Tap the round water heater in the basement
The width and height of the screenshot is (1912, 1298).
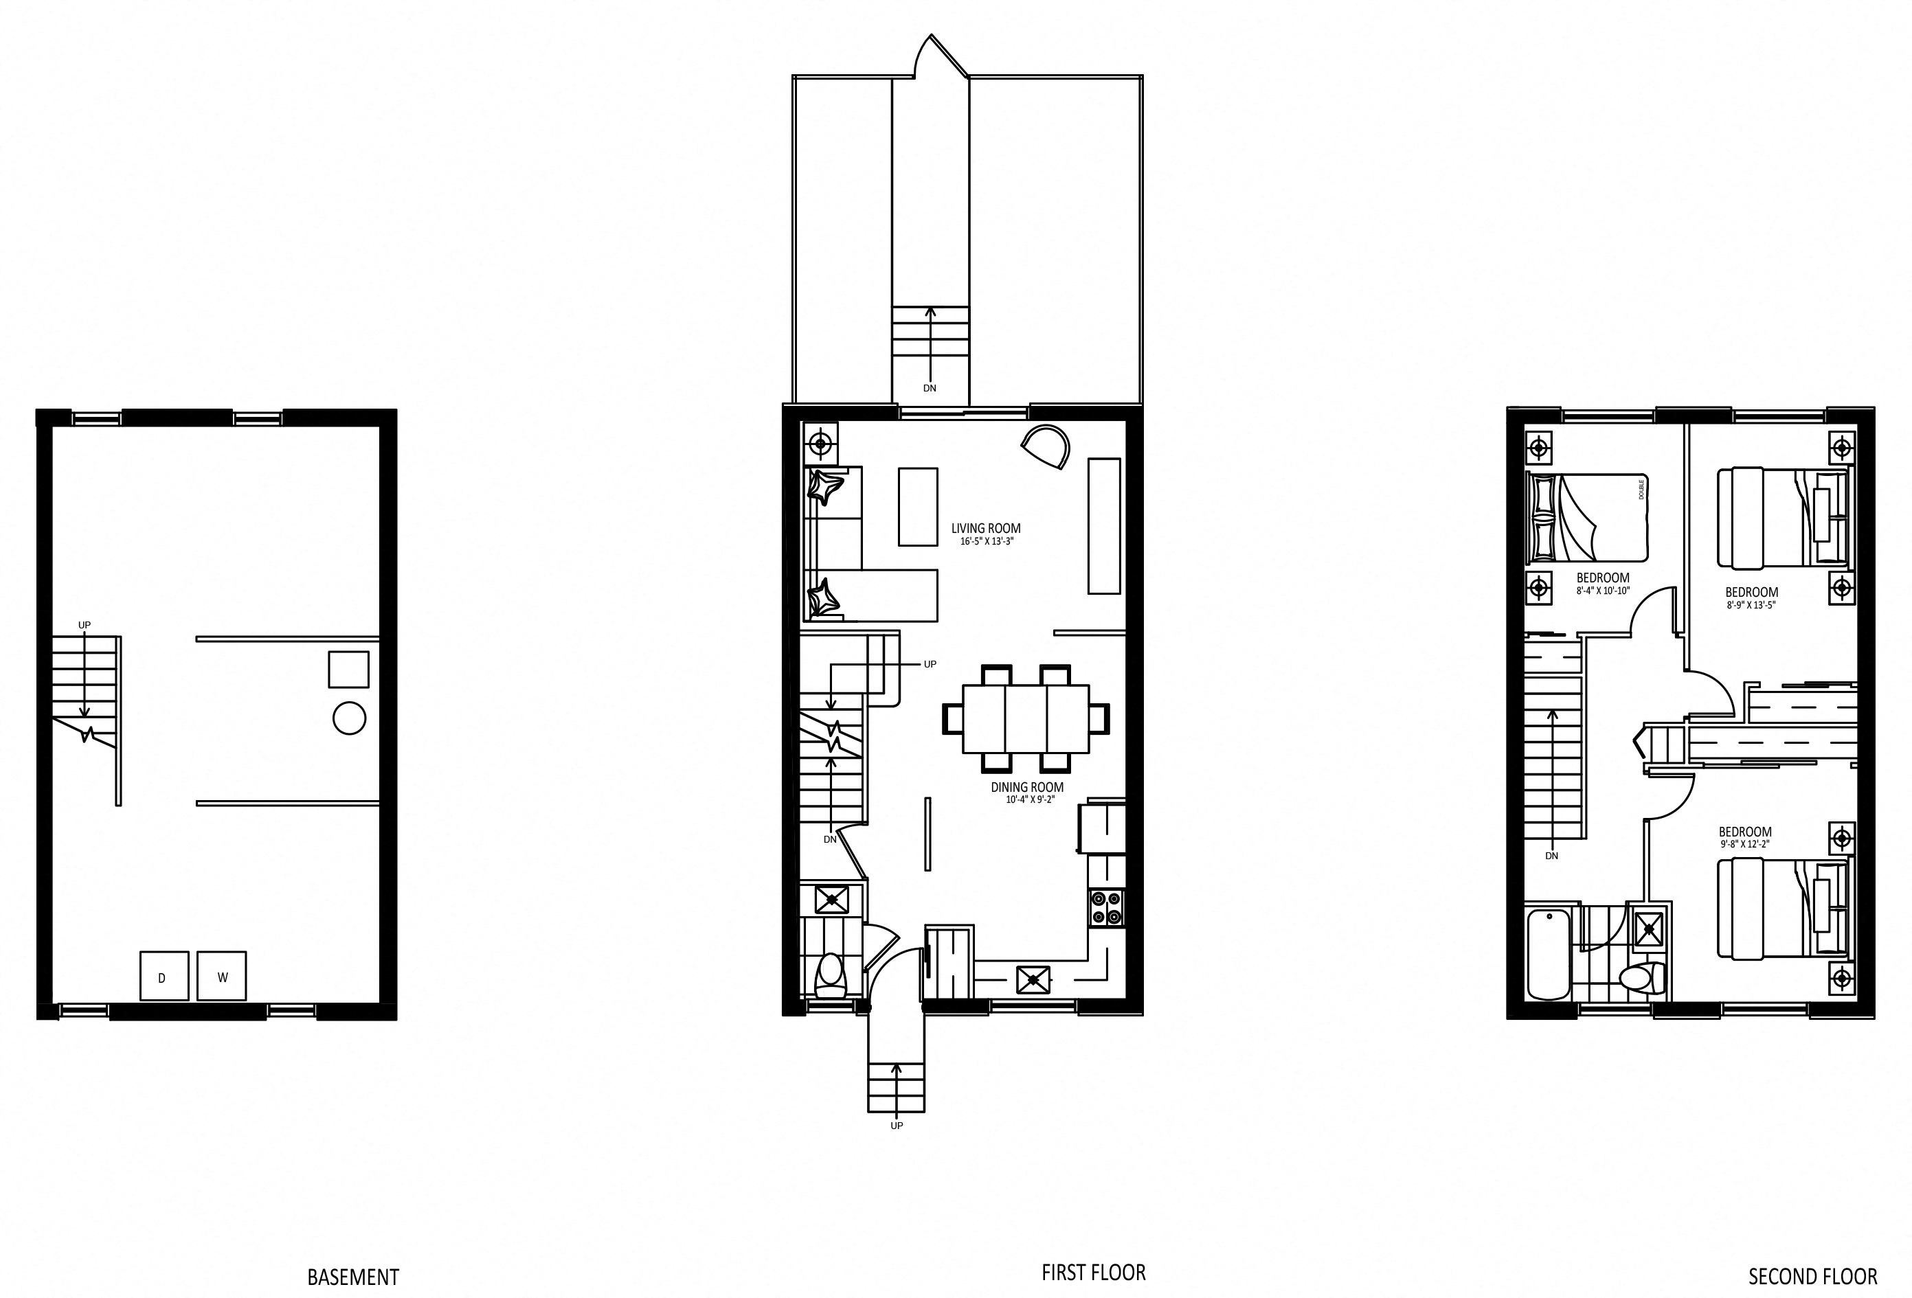[x=349, y=718]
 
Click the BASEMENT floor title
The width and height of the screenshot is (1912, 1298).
[x=353, y=1277]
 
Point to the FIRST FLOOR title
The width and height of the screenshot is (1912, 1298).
[x=1093, y=1273]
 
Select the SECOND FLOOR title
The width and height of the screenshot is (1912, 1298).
[x=1813, y=1277]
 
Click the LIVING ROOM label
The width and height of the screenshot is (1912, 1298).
[x=986, y=528]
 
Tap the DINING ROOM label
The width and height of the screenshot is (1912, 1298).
[x=1026, y=787]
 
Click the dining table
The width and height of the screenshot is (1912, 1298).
[x=1026, y=719]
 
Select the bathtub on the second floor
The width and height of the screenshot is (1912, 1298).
[x=1549, y=953]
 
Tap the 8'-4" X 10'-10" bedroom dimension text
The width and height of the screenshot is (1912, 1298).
[x=1603, y=591]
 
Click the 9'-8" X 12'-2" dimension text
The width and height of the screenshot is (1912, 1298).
[x=1744, y=844]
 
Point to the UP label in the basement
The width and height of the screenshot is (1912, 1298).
[x=84, y=625]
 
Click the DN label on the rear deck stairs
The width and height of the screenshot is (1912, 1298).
[x=930, y=388]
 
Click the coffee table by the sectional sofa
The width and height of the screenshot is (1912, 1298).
[x=917, y=507]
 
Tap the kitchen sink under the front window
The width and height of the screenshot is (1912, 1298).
[x=1033, y=979]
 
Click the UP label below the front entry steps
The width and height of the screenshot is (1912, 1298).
[x=897, y=1125]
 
